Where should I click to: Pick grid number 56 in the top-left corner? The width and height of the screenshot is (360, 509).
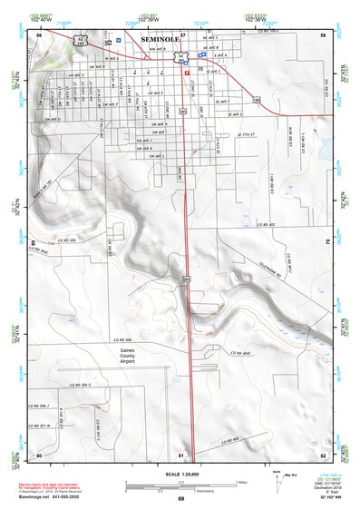39,35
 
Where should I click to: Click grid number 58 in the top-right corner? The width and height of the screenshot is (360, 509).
324,35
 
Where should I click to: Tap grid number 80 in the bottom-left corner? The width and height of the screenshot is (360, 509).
39,455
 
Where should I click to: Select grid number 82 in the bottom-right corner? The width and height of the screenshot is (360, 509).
323,455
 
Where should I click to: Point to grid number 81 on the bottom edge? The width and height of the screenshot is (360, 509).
182,455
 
